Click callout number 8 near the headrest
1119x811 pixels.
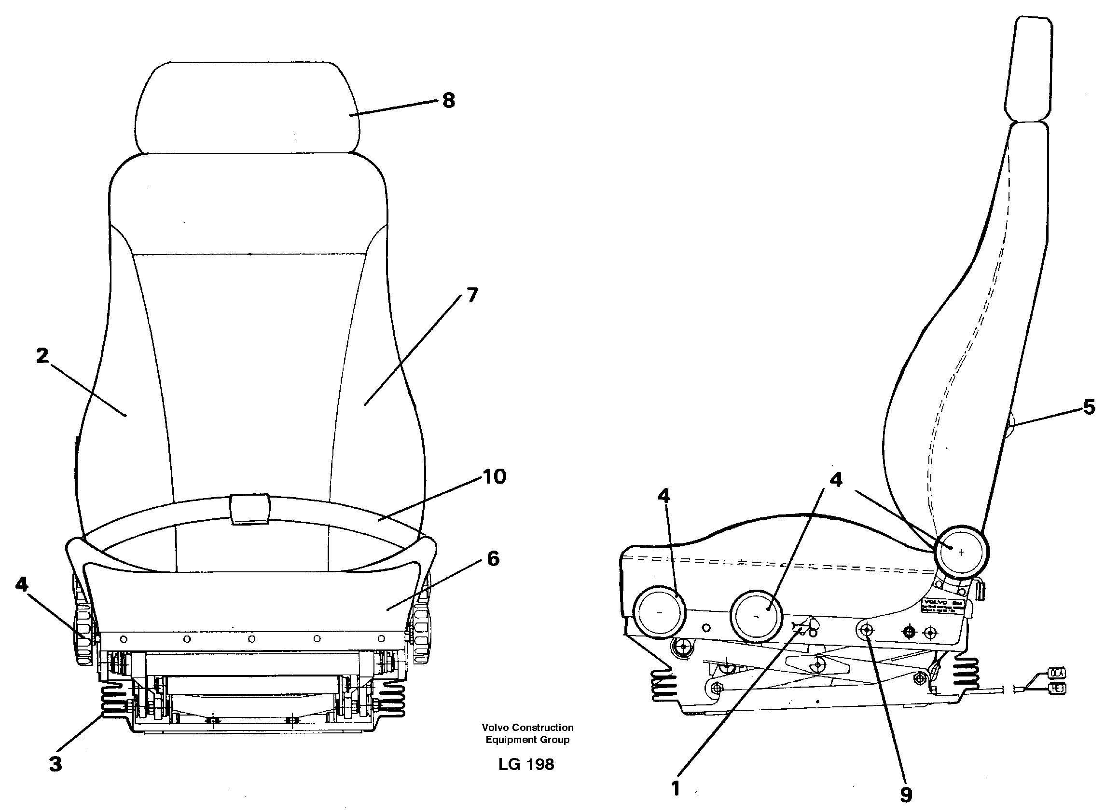pos(448,101)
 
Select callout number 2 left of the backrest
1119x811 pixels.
pos(42,355)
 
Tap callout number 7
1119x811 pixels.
pos(472,295)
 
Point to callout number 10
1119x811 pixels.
pos(495,477)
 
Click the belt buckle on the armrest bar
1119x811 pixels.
pos(249,508)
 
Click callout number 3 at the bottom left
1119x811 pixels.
pos(56,764)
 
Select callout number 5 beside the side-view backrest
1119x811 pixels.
pos(1089,407)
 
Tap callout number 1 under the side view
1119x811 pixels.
pos(676,788)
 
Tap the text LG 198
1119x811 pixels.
pos(526,765)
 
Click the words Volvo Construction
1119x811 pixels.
pos(527,727)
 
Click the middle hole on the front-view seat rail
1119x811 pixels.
pos(251,639)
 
